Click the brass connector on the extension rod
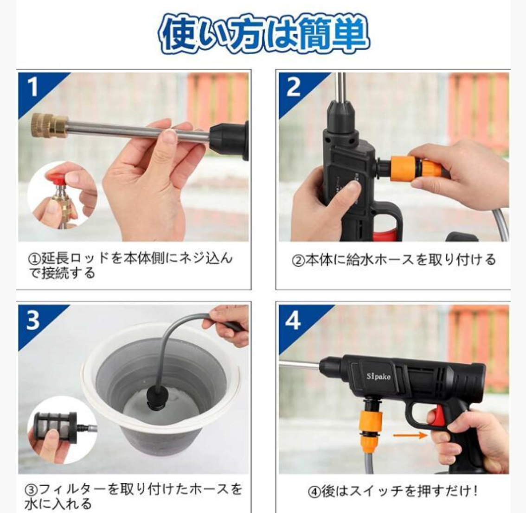tap(49, 125)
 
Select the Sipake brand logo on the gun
tap(378, 376)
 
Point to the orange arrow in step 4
tap(409, 436)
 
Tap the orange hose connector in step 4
tap(370, 430)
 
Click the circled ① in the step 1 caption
tap(34, 259)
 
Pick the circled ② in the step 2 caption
tap(298, 260)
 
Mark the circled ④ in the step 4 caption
tap(314, 492)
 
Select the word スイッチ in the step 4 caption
tap(376, 492)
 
